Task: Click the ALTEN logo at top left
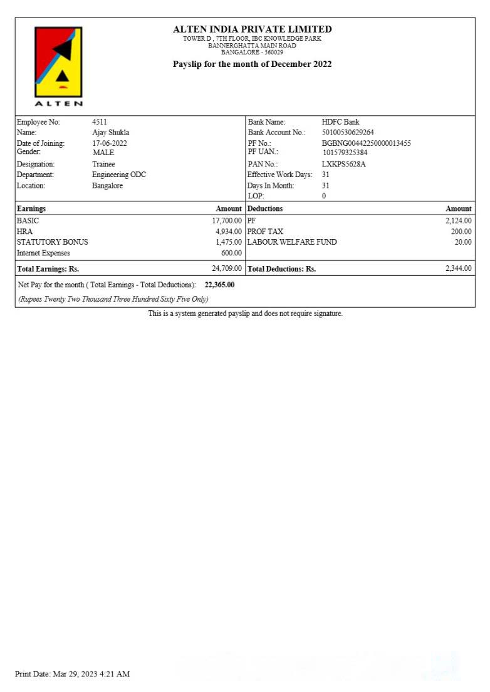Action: pyautogui.click(x=58, y=66)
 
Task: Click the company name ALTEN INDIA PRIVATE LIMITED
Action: pyautogui.click(x=253, y=29)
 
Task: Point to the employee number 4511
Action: pyautogui.click(x=100, y=122)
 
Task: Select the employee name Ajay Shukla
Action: pyautogui.click(x=111, y=133)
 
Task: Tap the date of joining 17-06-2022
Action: pyautogui.click(x=110, y=143)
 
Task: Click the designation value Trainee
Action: pyautogui.click(x=103, y=164)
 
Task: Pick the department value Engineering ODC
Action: pyautogui.click(x=119, y=175)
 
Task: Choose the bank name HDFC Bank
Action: pyautogui.click(x=341, y=122)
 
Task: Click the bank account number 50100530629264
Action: pyautogui.click(x=348, y=133)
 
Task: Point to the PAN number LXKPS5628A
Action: pyautogui.click(x=344, y=164)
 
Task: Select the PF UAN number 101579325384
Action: pyautogui.click(x=345, y=153)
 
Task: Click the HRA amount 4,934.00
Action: pyautogui.click(x=229, y=232)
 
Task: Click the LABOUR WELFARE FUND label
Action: pyautogui.click(x=292, y=242)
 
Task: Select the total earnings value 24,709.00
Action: pyautogui.click(x=227, y=268)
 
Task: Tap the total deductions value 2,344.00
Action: pyautogui.click(x=459, y=268)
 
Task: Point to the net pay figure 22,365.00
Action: pyautogui.click(x=220, y=285)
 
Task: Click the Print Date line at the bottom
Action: pyautogui.click(x=72, y=674)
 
